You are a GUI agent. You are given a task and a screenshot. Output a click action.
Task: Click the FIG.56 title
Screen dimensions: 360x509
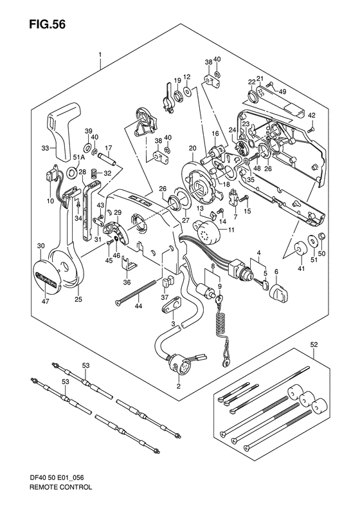48,24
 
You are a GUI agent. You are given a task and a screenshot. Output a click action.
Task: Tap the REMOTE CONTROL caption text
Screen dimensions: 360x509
60,496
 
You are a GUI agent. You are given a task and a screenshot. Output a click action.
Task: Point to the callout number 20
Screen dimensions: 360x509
193,148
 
